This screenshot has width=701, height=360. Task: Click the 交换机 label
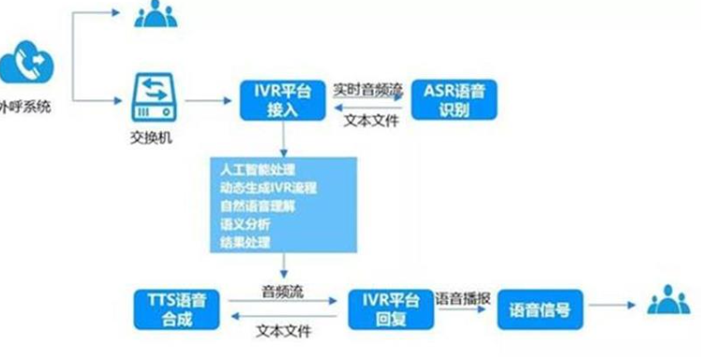150,137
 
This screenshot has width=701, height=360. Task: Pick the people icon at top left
154,14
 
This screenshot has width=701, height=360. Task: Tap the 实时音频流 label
367,87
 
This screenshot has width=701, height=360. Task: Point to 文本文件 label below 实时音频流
368,121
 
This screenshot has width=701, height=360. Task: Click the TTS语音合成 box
178,309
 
